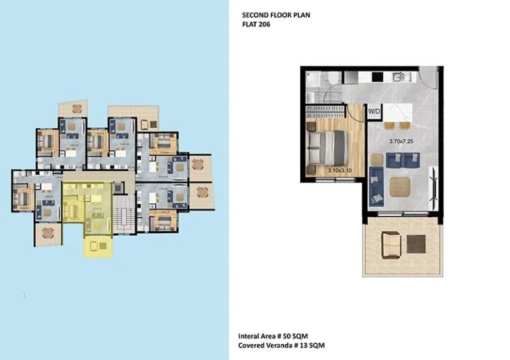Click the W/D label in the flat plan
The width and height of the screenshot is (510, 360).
point(374,112)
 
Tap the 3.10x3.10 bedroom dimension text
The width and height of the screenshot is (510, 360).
point(339,171)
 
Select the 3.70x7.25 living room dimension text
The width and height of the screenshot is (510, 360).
point(401,141)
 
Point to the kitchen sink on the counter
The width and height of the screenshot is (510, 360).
point(398,77)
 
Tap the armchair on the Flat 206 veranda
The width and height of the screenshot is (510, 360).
point(390,245)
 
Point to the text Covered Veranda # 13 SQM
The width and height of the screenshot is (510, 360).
point(282,346)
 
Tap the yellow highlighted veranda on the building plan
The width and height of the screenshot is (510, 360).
point(98,247)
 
